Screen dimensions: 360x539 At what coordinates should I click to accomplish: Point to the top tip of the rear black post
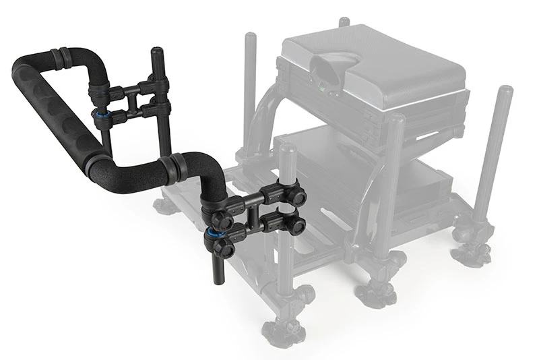point(156,51)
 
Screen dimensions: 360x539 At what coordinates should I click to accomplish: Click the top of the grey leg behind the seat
point(344,22)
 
